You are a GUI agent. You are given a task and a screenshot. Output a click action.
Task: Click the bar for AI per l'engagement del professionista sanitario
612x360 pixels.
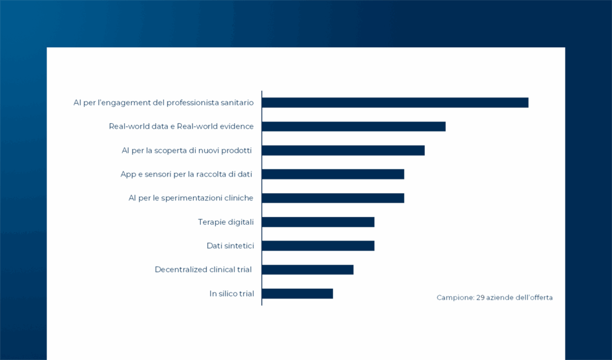click(x=395, y=102)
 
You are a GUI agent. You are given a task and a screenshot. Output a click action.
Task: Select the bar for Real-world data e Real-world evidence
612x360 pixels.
click(x=354, y=126)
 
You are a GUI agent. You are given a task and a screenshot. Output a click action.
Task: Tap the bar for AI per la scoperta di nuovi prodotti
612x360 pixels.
click(x=343, y=150)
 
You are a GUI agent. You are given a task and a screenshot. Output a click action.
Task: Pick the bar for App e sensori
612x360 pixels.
click(x=333, y=174)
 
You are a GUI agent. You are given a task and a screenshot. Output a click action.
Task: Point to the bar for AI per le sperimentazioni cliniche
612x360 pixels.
click(x=333, y=198)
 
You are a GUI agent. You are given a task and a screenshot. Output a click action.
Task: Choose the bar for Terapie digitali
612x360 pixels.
click(x=318, y=222)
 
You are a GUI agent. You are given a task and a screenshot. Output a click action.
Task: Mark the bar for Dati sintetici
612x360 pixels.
click(x=318, y=246)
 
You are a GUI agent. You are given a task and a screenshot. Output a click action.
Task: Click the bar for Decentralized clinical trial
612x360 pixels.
click(x=308, y=270)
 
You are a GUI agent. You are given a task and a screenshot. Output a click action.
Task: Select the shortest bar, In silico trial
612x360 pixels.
click(x=297, y=294)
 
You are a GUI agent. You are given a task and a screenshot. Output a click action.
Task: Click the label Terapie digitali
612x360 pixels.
click(x=226, y=222)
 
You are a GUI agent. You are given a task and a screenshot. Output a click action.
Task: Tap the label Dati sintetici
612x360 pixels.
click(x=230, y=246)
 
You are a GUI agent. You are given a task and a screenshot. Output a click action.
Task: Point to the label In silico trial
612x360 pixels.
click(x=231, y=294)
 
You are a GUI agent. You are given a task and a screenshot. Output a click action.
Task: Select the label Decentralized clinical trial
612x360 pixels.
click(x=203, y=270)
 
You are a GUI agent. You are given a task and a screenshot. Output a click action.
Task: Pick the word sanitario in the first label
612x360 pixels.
click(x=235, y=102)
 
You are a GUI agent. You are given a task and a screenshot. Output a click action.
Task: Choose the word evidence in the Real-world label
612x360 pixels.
click(x=235, y=126)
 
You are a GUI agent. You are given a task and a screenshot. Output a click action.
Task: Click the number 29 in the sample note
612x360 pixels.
click(x=481, y=297)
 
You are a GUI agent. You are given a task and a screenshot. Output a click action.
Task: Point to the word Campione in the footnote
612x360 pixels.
click(x=455, y=297)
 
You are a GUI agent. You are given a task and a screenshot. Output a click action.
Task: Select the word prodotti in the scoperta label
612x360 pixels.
click(x=234, y=150)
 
